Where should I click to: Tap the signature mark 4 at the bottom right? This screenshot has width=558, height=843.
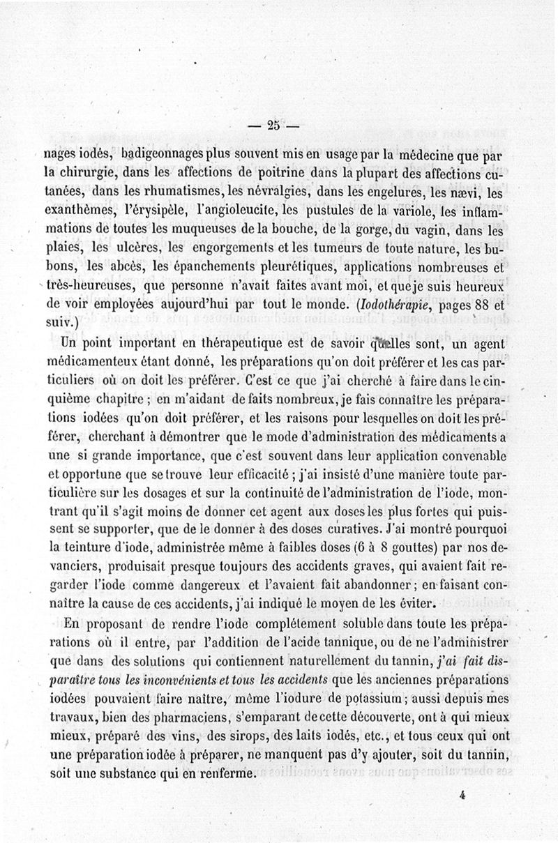pos(462,793)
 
